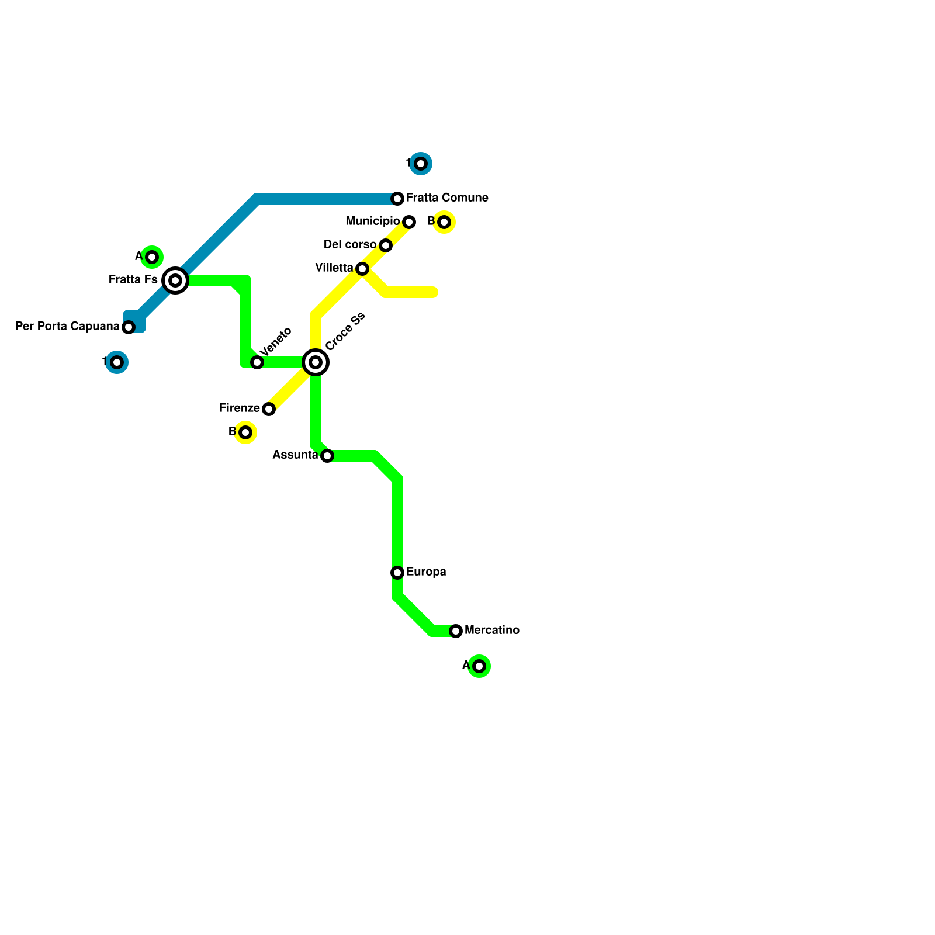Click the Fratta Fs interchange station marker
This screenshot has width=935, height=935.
[x=175, y=280]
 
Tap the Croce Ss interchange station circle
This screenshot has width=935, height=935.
[x=316, y=362]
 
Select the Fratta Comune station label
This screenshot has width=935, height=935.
[x=447, y=198]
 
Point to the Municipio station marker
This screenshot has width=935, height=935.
[x=409, y=222]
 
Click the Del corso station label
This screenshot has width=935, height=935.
[x=350, y=244]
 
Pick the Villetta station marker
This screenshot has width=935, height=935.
[x=362, y=269]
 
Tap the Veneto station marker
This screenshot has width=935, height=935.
[x=257, y=362]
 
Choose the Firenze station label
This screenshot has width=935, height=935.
[x=239, y=408]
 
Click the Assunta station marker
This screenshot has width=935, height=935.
[x=327, y=456]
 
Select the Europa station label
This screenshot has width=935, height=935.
[x=426, y=572]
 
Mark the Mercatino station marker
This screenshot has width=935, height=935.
[x=456, y=631]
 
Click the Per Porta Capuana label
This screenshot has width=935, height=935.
[x=67, y=326]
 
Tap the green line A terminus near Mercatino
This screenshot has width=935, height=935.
[x=479, y=666]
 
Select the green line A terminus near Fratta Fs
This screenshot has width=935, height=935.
[x=152, y=257]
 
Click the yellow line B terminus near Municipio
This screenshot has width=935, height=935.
[x=444, y=222]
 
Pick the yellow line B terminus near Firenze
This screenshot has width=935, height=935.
[x=245, y=432]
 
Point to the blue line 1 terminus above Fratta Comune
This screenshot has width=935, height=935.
[x=421, y=164]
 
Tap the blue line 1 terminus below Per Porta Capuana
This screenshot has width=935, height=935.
[x=117, y=362]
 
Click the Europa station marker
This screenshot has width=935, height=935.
[x=397, y=573]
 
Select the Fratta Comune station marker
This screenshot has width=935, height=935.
[x=397, y=199]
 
